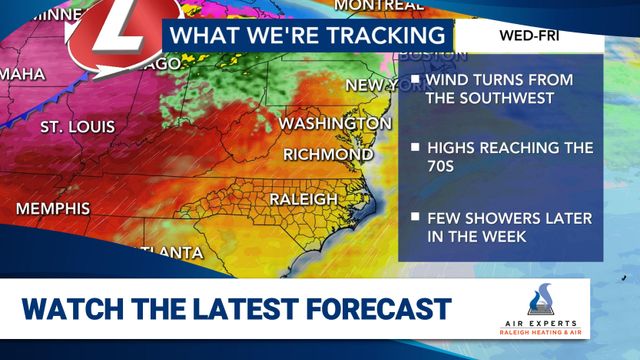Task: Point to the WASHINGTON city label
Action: coord(334,123)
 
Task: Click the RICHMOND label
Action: coord(328,154)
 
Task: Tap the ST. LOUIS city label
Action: coord(78,128)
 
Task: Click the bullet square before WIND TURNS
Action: coord(414,79)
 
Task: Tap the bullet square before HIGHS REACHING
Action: coord(414,148)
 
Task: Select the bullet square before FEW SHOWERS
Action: coord(414,217)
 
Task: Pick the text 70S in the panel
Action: coord(441,167)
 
